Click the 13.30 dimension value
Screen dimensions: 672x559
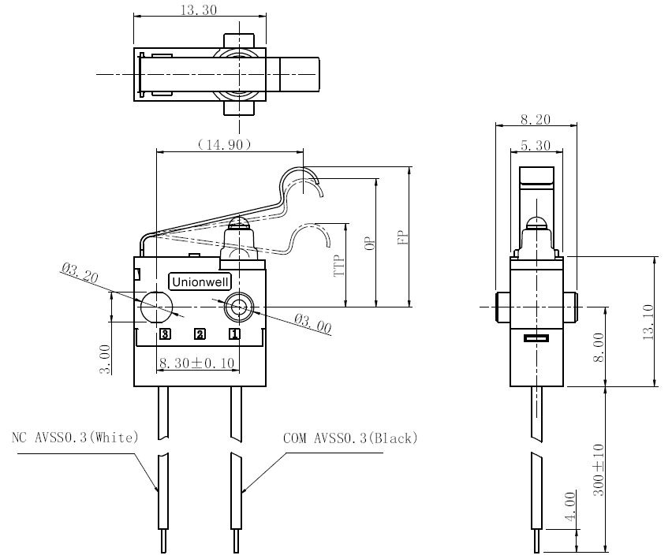point(199,9)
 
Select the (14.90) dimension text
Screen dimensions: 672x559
point(224,144)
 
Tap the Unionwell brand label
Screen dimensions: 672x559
point(200,281)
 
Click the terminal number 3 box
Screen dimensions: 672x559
point(165,334)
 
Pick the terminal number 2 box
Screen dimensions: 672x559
point(200,334)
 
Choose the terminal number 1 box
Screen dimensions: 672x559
point(234,334)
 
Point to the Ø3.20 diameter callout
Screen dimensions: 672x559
point(80,273)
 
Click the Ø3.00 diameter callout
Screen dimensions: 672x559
point(313,323)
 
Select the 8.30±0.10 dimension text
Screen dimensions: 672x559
point(196,363)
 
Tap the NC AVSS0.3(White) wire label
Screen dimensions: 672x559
point(75,438)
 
